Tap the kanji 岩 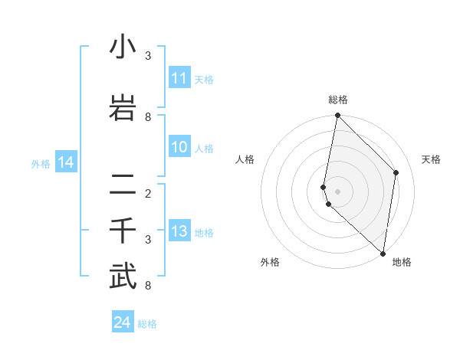[x=123, y=106]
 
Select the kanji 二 [x=123, y=184]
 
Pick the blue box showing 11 [x=179, y=78]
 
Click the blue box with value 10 [x=179, y=147]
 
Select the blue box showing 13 [x=179, y=232]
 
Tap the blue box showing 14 [x=65, y=162]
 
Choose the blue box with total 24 [x=122, y=322]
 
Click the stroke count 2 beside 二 [x=148, y=193]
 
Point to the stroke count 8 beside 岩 [x=148, y=116]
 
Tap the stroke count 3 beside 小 [x=148, y=55]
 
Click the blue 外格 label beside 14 [x=41, y=163]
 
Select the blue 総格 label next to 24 [x=147, y=324]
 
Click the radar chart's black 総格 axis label [x=337, y=100]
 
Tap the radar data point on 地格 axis [x=383, y=254]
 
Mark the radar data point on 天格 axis [x=396, y=172]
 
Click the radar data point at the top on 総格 [x=337, y=116]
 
